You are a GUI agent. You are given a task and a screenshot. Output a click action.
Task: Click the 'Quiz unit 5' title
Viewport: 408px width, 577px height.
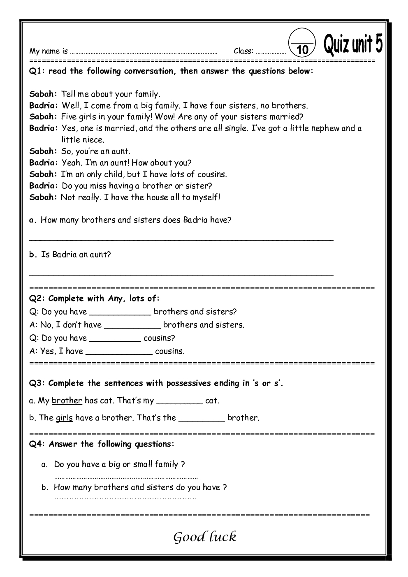pos(353,44)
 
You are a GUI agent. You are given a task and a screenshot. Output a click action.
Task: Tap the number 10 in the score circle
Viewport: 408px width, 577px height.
pos(302,50)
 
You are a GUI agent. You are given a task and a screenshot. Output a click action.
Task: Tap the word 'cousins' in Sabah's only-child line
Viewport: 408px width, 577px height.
pos(211,174)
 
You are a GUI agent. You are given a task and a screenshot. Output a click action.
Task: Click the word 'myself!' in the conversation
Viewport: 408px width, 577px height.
pos(206,197)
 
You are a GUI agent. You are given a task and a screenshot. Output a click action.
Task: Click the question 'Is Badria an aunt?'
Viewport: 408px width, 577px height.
pos(76,254)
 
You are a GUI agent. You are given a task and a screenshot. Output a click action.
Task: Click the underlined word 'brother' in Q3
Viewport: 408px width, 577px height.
pos(67,400)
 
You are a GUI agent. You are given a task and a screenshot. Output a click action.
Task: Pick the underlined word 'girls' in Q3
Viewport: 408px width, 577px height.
pos(64,418)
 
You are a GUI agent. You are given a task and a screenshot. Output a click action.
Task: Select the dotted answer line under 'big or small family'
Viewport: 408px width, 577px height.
pos(126,478)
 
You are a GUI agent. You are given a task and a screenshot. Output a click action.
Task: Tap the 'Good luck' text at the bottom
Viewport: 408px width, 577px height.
pos(204,537)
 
